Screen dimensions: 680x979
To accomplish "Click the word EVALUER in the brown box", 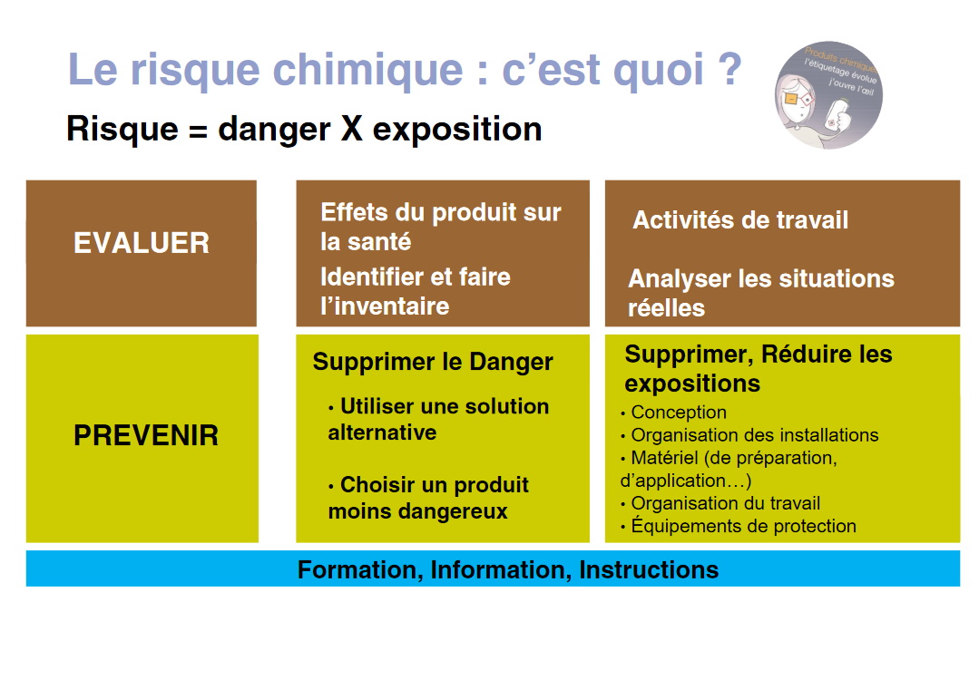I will pyautogui.click(x=141, y=243).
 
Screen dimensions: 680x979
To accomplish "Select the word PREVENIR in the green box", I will pyautogui.click(x=145, y=435).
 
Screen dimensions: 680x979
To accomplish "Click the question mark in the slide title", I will pyautogui.click(x=723, y=71).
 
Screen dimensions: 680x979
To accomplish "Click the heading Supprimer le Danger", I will pyautogui.click(x=433, y=362).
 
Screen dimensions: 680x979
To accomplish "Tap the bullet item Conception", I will pyautogui.click(x=678, y=413).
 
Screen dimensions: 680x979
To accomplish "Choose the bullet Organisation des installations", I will pyautogui.click(x=754, y=435).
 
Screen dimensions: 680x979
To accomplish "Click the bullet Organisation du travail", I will pyautogui.click(x=725, y=503).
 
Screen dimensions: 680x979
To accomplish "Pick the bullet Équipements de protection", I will pyautogui.click(x=743, y=526).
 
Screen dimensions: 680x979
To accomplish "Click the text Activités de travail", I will pyautogui.click(x=740, y=220).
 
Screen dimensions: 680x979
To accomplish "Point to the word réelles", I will pyautogui.click(x=666, y=308).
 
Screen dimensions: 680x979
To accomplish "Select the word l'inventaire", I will pyautogui.click(x=385, y=306).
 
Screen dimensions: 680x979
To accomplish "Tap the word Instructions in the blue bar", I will pyautogui.click(x=649, y=569).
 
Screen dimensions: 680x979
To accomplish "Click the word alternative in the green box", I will pyautogui.click(x=382, y=433).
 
